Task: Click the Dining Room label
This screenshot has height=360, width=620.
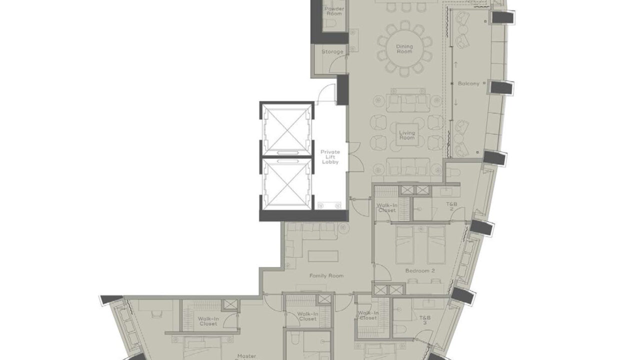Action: coord(404,49)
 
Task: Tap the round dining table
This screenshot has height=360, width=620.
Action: coord(404,49)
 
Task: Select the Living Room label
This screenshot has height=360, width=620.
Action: coord(407,135)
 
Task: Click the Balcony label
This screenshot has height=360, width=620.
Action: coord(468,83)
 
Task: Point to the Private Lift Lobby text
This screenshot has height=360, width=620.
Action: coord(330,156)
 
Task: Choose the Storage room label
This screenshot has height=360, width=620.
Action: coord(332,51)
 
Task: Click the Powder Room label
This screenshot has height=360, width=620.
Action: coord(334,11)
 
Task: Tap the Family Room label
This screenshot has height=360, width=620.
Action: coord(326,275)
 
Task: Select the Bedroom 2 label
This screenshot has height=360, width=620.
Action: coord(420,270)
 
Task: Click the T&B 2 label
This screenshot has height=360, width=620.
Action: coord(451,206)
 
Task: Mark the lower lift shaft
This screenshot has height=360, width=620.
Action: coord(286,184)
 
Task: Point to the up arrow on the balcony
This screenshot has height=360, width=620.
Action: coord(456,64)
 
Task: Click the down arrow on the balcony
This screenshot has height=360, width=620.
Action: coord(456,102)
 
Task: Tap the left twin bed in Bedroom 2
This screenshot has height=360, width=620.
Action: coord(404,244)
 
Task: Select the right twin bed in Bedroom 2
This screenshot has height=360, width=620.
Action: coord(436,244)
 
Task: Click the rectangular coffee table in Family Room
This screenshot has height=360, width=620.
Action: coord(323,256)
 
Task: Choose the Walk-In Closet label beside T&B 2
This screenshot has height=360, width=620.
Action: coord(386,207)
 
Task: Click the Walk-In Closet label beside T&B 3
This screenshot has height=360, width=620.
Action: coord(367,315)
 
